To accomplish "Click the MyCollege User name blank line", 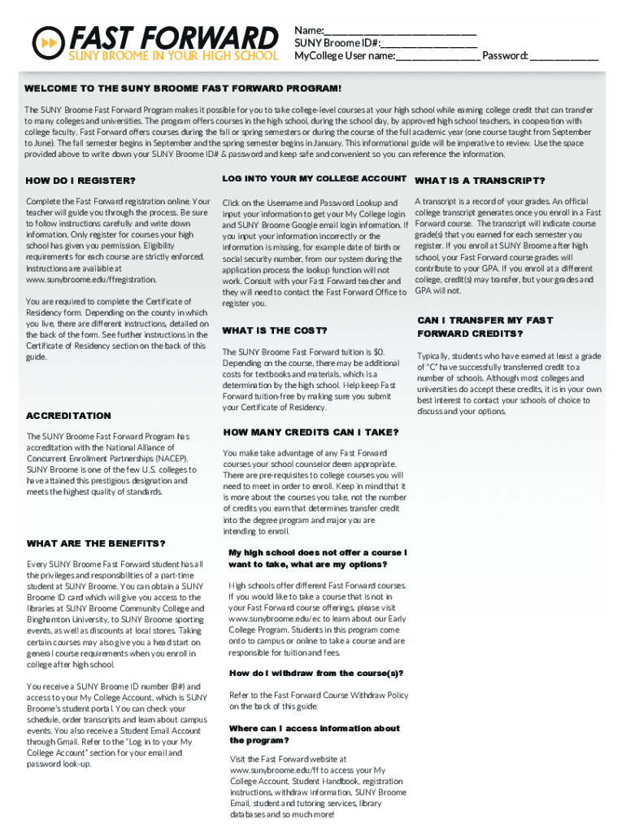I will [x=438, y=56].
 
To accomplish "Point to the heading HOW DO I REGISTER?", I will [x=81, y=181].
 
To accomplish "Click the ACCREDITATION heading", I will [x=69, y=416].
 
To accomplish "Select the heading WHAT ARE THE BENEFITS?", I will [x=96, y=543].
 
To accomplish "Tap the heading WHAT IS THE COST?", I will [x=275, y=330].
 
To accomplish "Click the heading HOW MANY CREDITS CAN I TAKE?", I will [x=311, y=432].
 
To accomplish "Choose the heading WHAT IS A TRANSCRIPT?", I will [x=480, y=181].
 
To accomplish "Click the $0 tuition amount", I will [x=379, y=351].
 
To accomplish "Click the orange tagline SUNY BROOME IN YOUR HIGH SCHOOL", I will [x=172, y=56].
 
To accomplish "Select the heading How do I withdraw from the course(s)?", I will [x=316, y=674].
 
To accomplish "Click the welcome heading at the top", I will [x=183, y=88].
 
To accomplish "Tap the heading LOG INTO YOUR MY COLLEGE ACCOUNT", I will [x=314, y=179].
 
